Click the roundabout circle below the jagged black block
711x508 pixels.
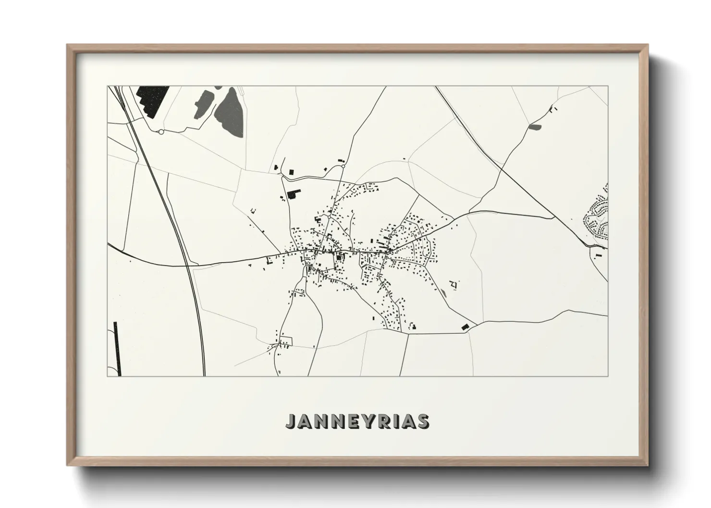(x=161, y=132)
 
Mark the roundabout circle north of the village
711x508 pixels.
(x=343, y=167)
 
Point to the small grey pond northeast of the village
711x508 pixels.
(x=535, y=127)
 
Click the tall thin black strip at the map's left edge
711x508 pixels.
(x=116, y=348)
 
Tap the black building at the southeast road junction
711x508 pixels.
(x=465, y=327)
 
